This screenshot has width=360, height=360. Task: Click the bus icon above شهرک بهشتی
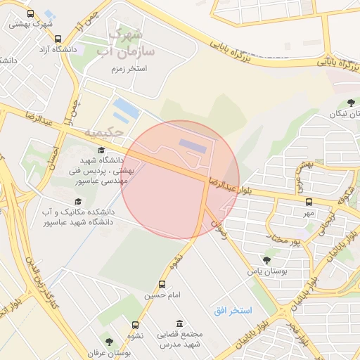coord(30,13)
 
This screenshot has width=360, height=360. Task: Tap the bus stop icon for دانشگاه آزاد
coord(58,39)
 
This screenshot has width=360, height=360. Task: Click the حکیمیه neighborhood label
coord(103,132)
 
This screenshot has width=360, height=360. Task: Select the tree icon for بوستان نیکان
coord(351,103)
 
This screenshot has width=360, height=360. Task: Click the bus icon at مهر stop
coord(308,202)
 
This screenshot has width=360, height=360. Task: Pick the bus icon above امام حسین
coord(163,285)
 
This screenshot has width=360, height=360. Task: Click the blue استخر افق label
coord(233,310)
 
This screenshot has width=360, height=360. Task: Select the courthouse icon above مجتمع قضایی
coord(180,323)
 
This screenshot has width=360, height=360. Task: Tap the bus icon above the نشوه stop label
coord(135,325)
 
